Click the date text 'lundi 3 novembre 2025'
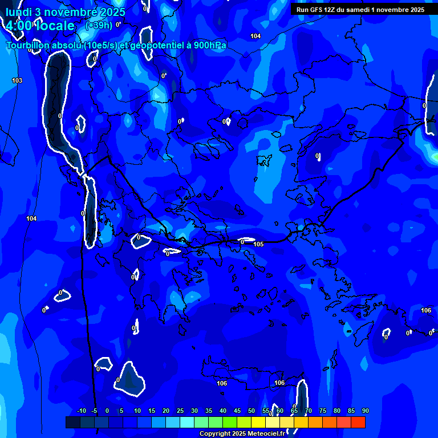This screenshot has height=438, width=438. [66, 12]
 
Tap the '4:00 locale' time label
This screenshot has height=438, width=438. [40, 26]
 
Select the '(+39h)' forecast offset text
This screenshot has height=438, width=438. [99, 25]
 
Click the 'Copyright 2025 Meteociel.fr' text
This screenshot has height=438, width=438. [242, 433]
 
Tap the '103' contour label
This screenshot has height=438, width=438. [17, 80]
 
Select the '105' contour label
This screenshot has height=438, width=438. [258, 244]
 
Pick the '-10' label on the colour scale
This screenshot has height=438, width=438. [81, 411]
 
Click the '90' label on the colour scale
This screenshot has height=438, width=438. [365, 411]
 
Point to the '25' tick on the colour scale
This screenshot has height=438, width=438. [180, 411]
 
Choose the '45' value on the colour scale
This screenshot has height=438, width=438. [237, 411]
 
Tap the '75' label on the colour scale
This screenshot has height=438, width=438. [323, 411]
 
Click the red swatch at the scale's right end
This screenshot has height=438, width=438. [358, 422]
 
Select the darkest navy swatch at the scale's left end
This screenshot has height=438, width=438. [72, 422]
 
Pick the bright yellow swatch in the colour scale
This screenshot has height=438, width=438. [258, 422]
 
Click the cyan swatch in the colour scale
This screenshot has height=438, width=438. [187, 422]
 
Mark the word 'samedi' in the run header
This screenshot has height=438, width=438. [356, 9]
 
